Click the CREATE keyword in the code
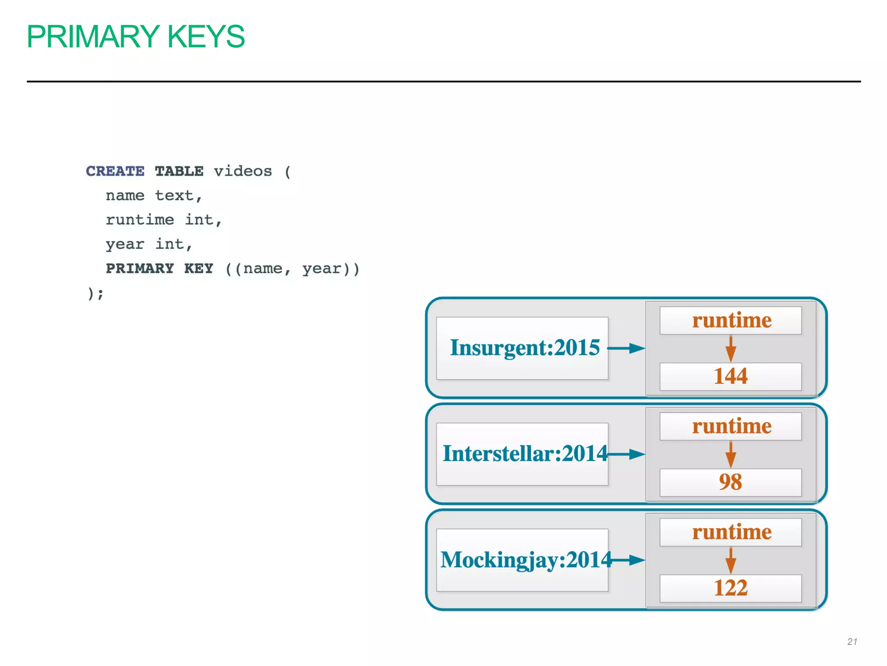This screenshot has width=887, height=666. [x=115, y=171]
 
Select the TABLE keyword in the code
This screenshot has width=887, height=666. [x=179, y=171]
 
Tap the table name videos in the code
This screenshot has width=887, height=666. [x=243, y=171]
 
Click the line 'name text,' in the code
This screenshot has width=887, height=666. [x=154, y=196]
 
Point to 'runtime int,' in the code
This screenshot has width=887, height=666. [x=164, y=220]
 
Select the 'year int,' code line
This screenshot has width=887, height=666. [x=149, y=244]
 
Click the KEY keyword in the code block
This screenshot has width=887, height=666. [x=198, y=268]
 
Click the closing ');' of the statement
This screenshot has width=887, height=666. [x=95, y=294]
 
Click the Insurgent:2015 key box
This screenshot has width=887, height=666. [x=522, y=348]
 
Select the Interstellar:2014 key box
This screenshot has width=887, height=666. [x=522, y=454]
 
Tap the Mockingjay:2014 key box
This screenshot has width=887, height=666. [x=522, y=560]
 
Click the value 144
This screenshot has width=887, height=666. [x=730, y=376]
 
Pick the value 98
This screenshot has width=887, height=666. [x=730, y=482]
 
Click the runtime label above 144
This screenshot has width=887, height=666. [x=731, y=320]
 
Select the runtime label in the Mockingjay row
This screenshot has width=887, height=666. [x=731, y=532]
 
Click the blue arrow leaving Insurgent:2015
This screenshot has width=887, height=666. [x=626, y=348]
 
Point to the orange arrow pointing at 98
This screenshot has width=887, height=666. [x=731, y=454]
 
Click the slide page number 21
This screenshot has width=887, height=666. [x=852, y=642]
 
